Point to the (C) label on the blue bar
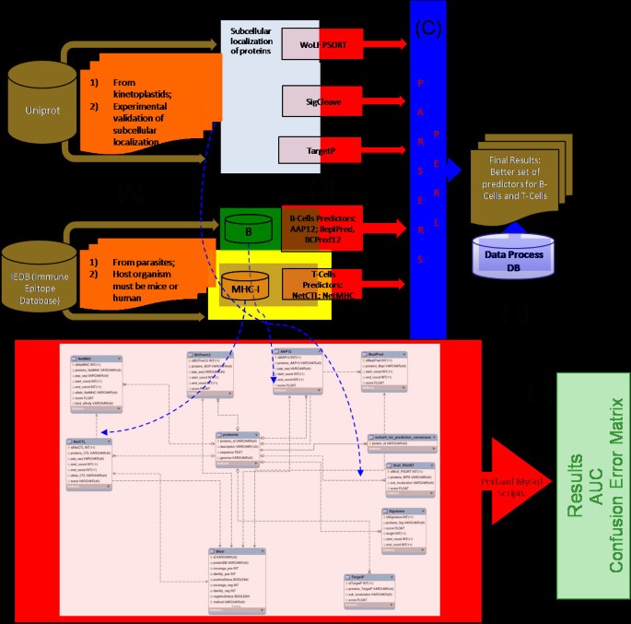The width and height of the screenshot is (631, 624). pyautogui.click(x=429, y=27)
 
